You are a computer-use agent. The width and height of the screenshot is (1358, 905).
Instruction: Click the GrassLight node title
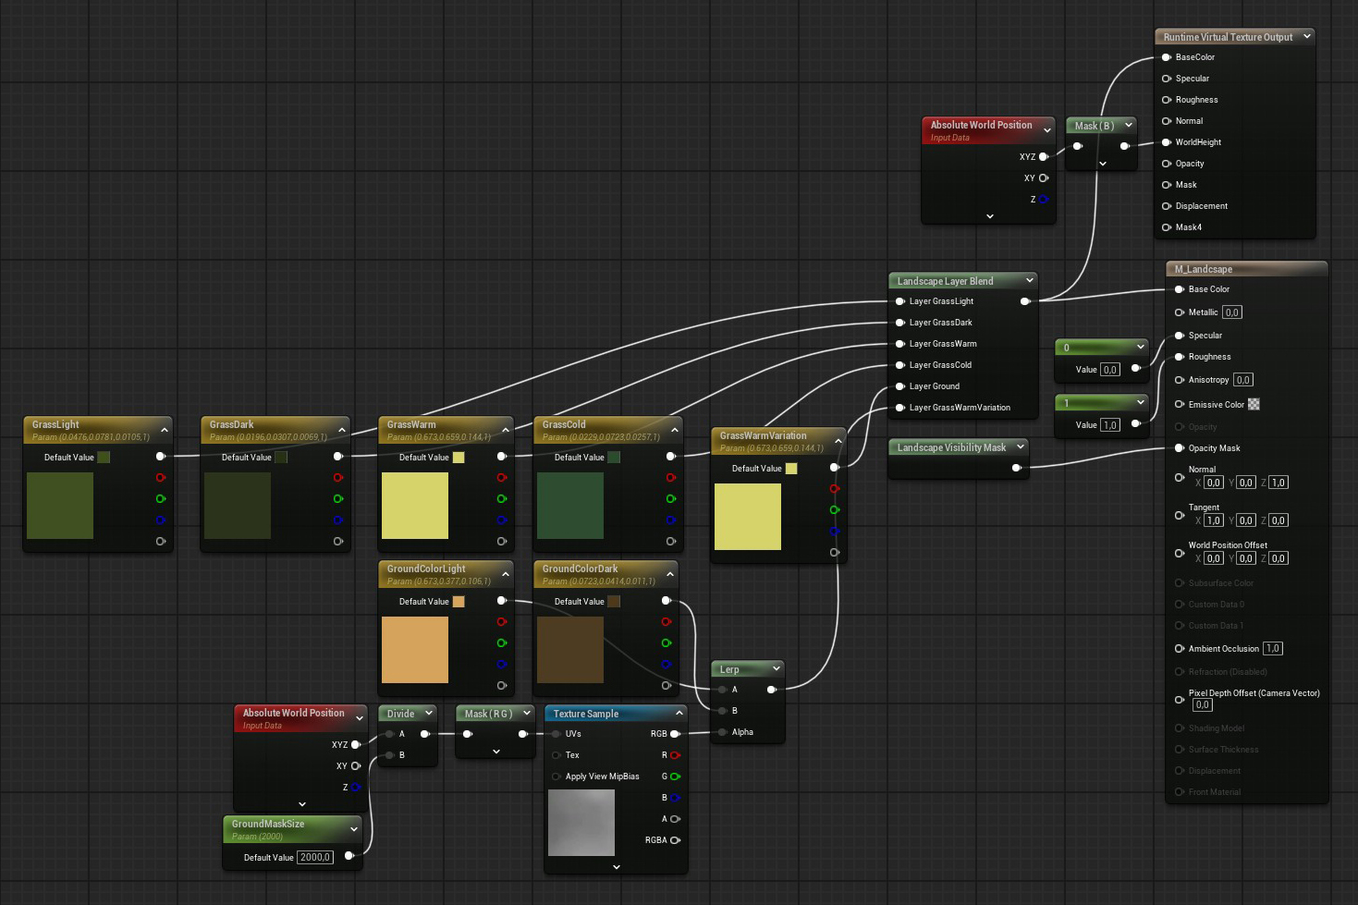[55, 424]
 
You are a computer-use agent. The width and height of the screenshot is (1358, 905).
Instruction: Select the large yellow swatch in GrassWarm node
[415, 506]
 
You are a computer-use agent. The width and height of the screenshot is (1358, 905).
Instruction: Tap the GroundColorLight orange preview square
[415, 650]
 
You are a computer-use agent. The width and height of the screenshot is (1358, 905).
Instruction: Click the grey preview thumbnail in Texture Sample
[581, 823]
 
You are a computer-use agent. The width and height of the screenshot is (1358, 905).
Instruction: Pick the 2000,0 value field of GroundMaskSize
[315, 857]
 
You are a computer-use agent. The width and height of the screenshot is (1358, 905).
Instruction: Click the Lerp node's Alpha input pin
[723, 732]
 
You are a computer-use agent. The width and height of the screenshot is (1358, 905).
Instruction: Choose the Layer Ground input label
[934, 386]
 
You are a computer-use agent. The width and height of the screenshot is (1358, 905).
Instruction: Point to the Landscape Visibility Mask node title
[951, 447]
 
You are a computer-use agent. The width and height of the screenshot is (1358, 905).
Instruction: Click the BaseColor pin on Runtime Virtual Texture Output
[1167, 57]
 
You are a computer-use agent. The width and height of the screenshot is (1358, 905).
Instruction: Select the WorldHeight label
[1198, 142]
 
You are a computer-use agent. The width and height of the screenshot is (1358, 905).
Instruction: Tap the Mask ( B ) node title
[1094, 126]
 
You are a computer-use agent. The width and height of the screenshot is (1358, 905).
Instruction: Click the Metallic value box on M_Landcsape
[1232, 312]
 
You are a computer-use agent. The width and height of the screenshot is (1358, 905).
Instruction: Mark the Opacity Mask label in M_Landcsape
[1214, 448]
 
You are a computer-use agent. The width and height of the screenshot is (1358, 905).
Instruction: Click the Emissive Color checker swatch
[1254, 404]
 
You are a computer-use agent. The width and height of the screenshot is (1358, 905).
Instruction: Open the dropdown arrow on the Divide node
[429, 714]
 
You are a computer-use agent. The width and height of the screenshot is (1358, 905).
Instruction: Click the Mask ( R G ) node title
[488, 714]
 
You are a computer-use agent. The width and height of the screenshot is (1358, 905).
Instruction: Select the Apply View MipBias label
[602, 777]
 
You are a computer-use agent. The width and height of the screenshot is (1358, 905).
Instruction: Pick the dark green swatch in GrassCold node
[570, 506]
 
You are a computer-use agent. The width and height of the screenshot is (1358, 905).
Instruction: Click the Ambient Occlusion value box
[1273, 649]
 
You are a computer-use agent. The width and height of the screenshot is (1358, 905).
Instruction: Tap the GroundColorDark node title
[580, 569]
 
